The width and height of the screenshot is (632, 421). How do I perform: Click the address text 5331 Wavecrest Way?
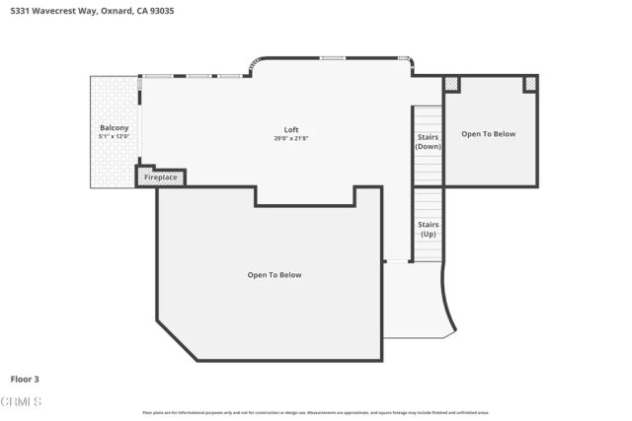(x=49, y=10)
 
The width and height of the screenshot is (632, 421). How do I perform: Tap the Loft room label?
(x=291, y=130)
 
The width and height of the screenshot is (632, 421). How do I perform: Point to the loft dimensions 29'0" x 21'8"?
(x=291, y=139)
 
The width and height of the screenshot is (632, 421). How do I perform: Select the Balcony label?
(x=114, y=128)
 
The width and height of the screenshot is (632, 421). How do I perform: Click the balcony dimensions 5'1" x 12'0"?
(x=114, y=137)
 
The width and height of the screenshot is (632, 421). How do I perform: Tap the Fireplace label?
(x=161, y=177)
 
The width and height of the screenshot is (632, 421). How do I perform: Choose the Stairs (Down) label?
(x=428, y=141)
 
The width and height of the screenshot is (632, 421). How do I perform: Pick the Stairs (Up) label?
(x=428, y=229)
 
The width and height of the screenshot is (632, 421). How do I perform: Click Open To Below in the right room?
(x=489, y=134)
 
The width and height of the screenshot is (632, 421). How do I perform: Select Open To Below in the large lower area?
(x=275, y=275)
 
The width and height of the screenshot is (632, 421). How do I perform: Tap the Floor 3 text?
(x=25, y=379)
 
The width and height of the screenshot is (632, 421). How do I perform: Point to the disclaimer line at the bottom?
(x=315, y=412)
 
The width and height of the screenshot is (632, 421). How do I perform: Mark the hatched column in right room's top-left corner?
(x=452, y=85)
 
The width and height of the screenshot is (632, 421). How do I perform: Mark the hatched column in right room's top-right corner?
(x=529, y=85)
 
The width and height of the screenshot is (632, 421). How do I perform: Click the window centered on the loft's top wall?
(x=332, y=58)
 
